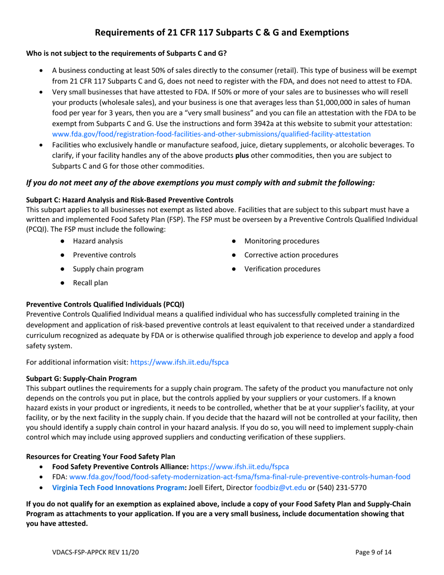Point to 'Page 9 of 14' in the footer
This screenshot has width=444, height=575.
[373, 552]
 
